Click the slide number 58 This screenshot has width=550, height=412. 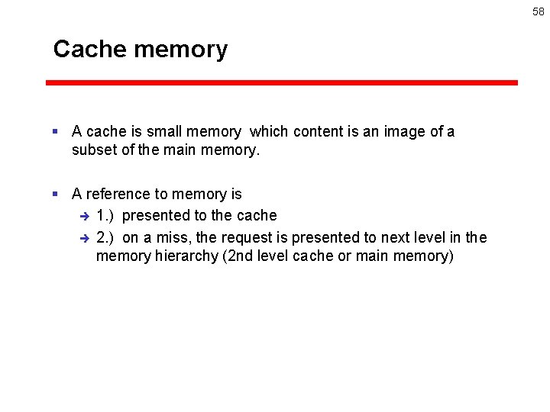[539, 12]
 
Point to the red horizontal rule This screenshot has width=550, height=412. [281, 82]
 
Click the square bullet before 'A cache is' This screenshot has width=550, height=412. [55, 132]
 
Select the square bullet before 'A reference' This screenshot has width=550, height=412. [55, 195]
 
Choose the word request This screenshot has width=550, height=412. [248, 238]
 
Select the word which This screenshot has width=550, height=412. [269, 132]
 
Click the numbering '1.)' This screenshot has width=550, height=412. [107, 216]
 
